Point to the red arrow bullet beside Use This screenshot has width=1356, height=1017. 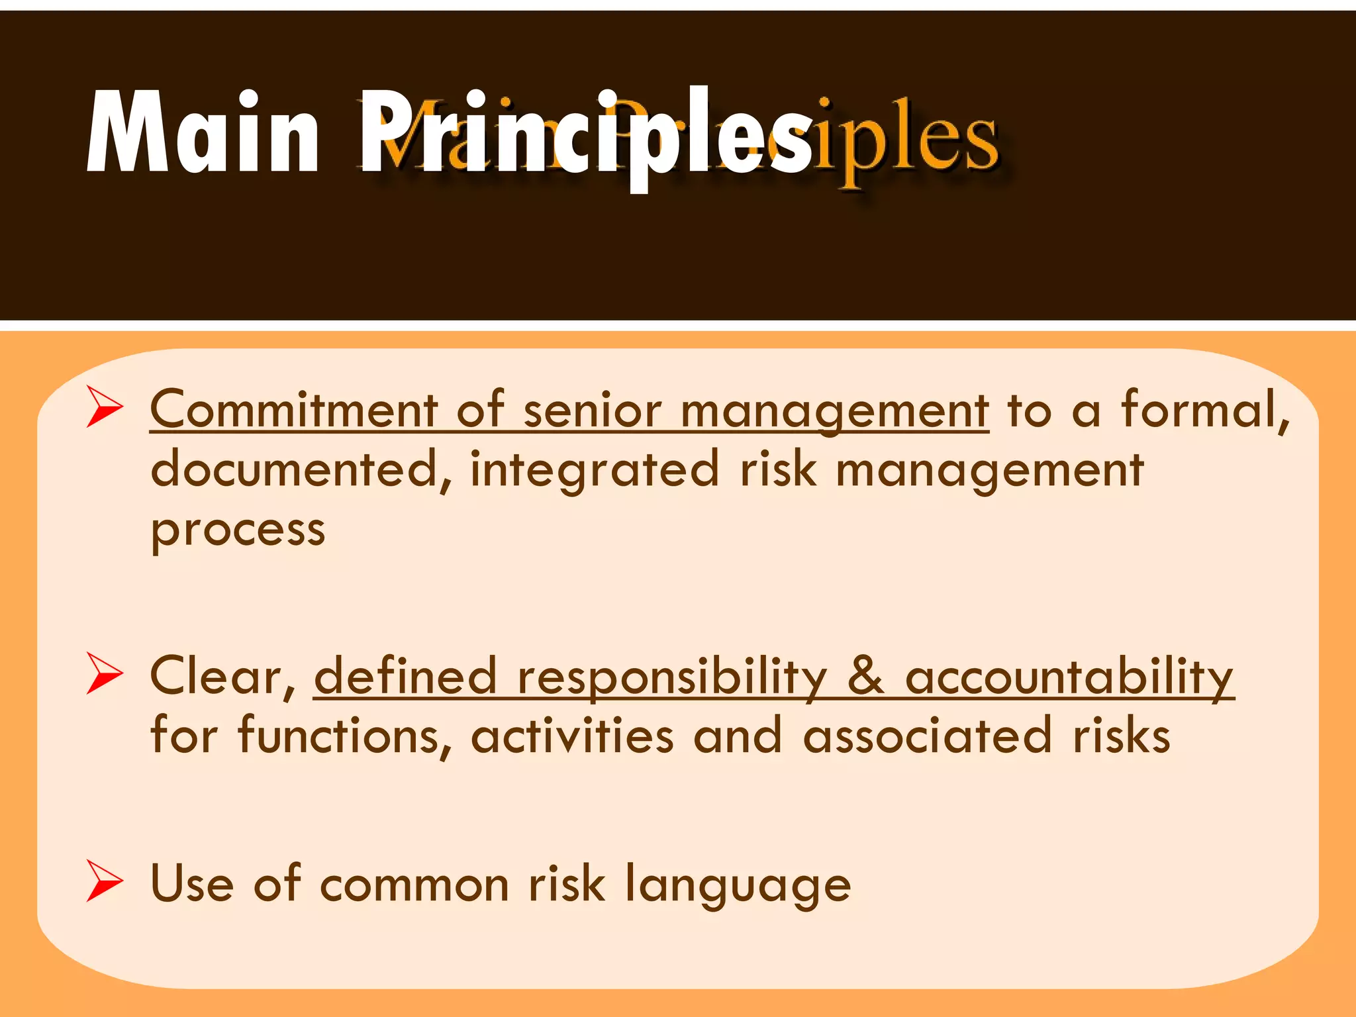105,883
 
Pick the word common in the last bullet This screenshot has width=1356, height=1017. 414,885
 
